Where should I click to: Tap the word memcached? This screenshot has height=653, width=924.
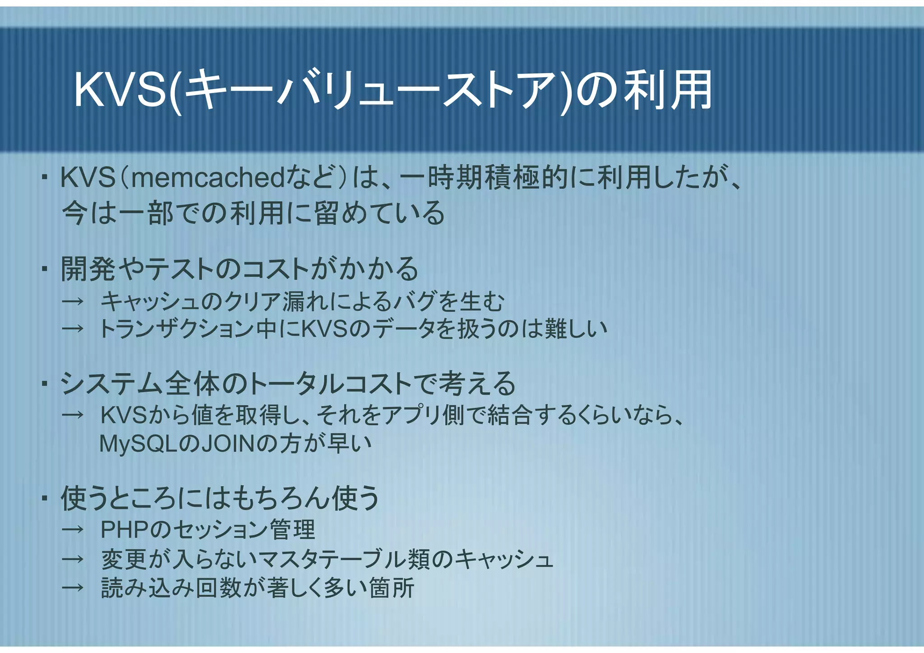click(208, 178)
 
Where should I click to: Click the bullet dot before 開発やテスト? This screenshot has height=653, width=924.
click(44, 270)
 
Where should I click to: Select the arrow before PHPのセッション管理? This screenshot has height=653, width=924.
click(73, 530)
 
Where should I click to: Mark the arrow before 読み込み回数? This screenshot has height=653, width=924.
click(73, 588)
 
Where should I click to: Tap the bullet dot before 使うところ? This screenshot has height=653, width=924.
click(44, 499)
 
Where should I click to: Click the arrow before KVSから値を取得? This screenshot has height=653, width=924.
click(73, 415)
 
